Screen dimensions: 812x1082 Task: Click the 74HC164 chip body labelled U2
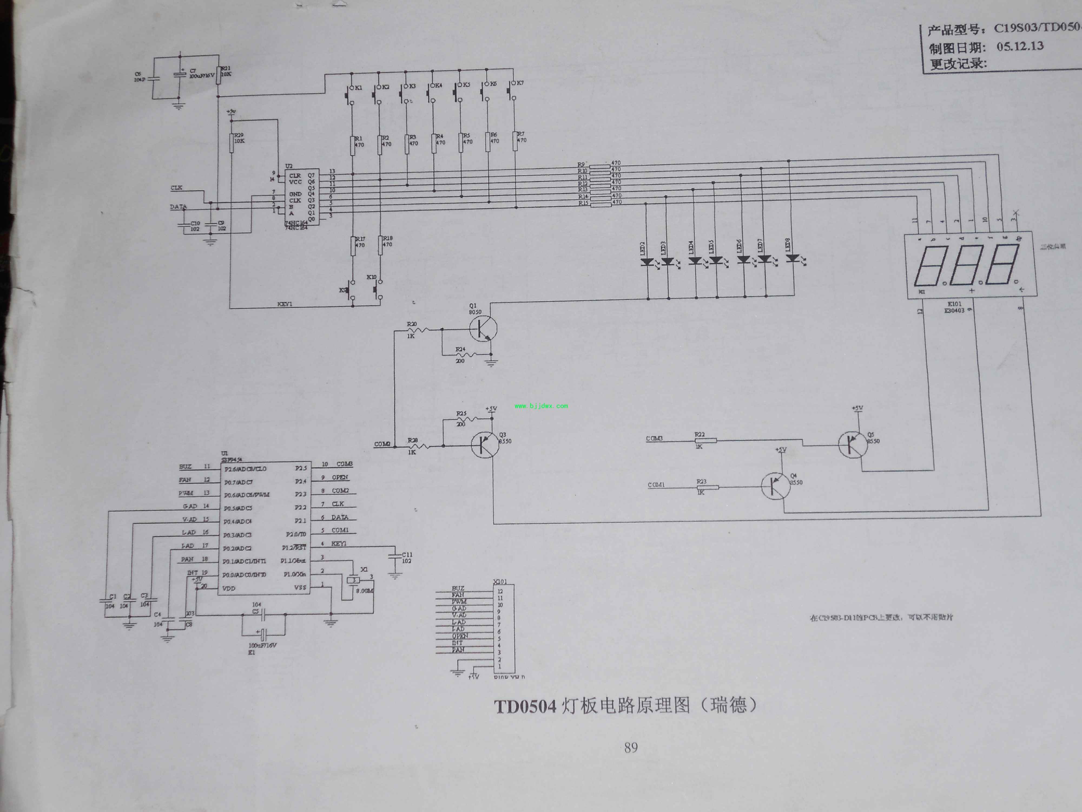coord(302,197)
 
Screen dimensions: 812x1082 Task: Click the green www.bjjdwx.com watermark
coord(541,406)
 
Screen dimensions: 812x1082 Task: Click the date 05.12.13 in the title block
coord(1020,47)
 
